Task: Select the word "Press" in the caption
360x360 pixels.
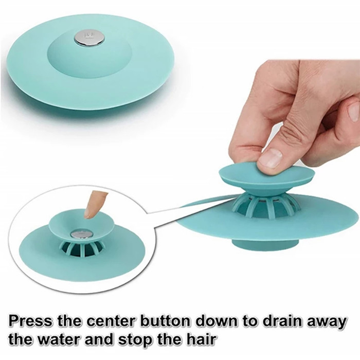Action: [30, 321]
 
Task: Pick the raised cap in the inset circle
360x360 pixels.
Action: [81, 224]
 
